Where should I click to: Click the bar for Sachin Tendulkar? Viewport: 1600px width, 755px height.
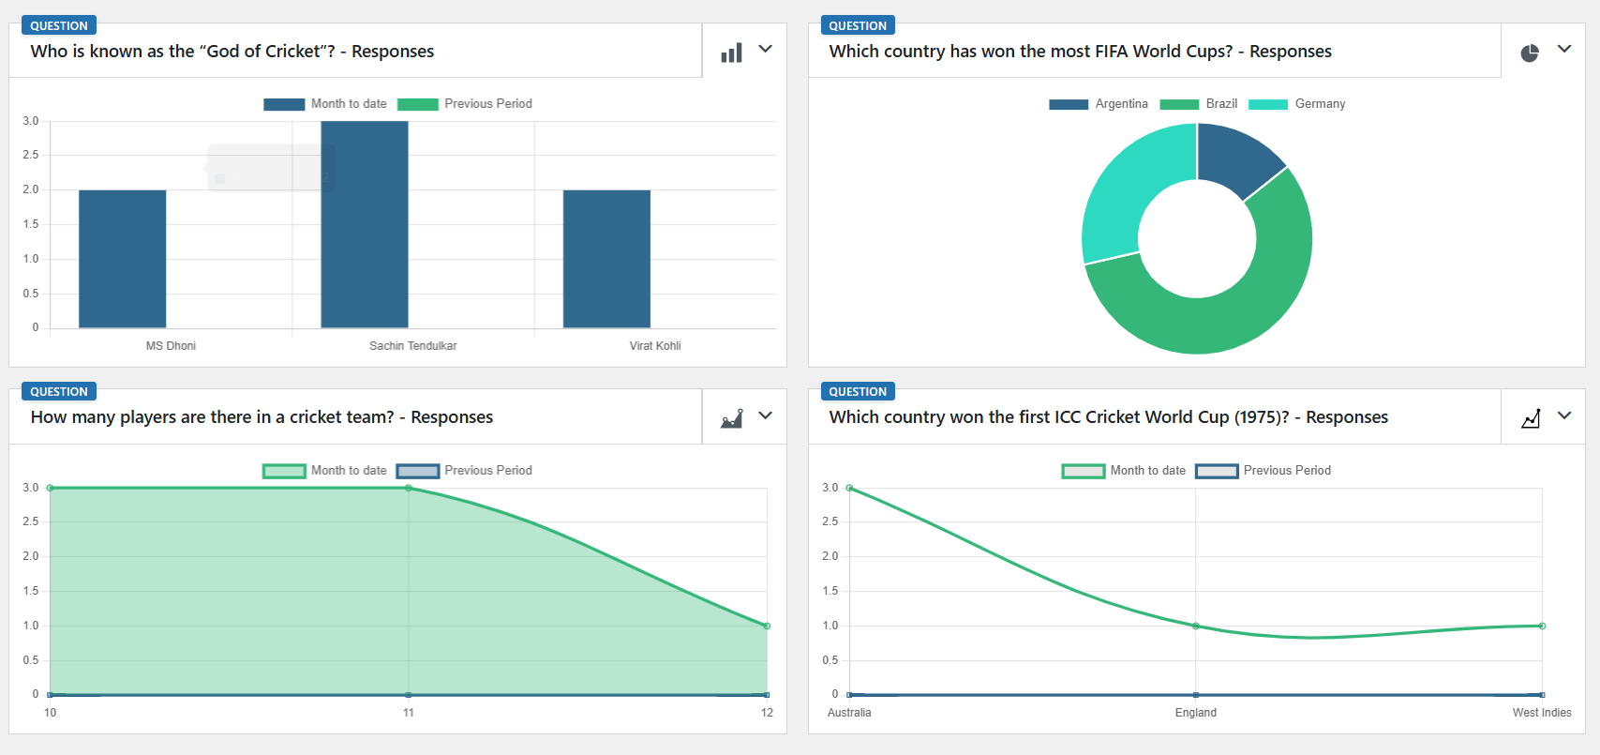pos(365,225)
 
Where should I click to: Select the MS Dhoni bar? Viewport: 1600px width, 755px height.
pos(122,259)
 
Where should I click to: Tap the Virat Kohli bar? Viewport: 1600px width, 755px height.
pos(606,259)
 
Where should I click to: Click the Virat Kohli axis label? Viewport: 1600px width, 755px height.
pos(655,346)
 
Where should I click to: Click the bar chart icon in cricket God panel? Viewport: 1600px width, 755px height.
pos(731,53)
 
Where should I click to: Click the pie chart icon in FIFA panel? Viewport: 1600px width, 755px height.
pos(1530,53)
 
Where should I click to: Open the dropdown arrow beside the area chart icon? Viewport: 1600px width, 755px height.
pos(766,415)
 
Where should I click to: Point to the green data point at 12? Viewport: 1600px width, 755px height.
pos(767,626)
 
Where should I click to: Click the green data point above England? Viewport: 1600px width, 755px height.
pos(1195,626)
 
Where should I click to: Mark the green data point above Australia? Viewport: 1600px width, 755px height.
pos(849,488)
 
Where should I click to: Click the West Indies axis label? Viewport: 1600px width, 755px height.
pos(1541,713)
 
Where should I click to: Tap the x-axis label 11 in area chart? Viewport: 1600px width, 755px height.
pos(409,713)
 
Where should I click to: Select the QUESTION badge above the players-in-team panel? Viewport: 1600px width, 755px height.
pos(58,391)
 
